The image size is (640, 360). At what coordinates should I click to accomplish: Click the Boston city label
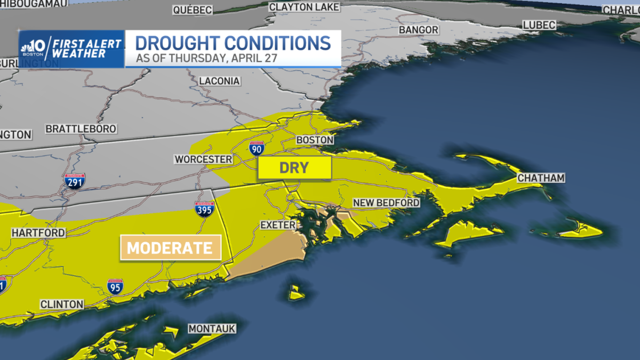pyautogui.click(x=315, y=140)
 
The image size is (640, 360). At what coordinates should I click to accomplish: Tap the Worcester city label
pyautogui.click(x=203, y=159)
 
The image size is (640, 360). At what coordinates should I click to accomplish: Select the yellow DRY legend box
pyautogui.click(x=294, y=168)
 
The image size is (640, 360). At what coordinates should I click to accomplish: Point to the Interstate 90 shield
pyautogui.click(x=257, y=148)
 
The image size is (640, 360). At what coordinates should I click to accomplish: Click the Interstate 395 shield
pyautogui.click(x=205, y=209)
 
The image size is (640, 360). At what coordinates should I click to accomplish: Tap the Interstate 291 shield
pyautogui.click(x=74, y=181)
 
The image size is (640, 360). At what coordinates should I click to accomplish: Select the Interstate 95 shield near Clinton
pyautogui.click(x=115, y=286)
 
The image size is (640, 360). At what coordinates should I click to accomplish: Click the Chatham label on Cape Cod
pyautogui.click(x=541, y=178)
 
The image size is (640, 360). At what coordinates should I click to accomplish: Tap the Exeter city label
pyautogui.click(x=278, y=225)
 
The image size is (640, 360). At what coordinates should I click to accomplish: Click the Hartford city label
pyautogui.click(x=38, y=233)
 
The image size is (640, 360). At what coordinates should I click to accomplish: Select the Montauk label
pyautogui.click(x=212, y=329)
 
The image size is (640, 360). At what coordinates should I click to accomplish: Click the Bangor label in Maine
pyautogui.click(x=419, y=30)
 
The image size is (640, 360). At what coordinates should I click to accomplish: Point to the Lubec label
pyautogui.click(x=539, y=25)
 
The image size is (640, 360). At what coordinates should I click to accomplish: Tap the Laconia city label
pyautogui.click(x=220, y=81)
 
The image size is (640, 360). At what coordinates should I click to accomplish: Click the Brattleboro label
pyautogui.click(x=81, y=129)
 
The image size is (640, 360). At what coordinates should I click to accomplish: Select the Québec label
pyautogui.click(x=193, y=10)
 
